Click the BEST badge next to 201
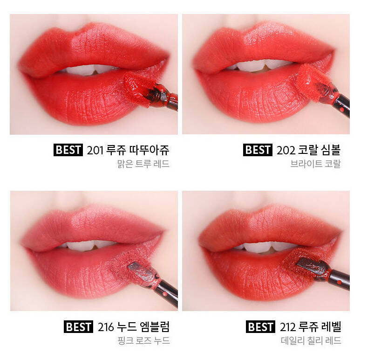pyautogui.click(x=68, y=150)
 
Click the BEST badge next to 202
pyautogui.click(x=258, y=150)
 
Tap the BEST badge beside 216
pyautogui.click(x=78, y=327)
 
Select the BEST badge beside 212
pyautogui.click(x=260, y=327)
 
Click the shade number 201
pyautogui.click(x=95, y=150)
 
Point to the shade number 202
pyautogui.click(x=286, y=150)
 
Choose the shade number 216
pyautogui.click(x=106, y=327)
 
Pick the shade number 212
pyautogui.click(x=288, y=327)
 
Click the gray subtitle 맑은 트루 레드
pyautogui.click(x=143, y=164)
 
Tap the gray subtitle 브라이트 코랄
pyautogui.click(x=315, y=164)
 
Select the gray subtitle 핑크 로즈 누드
pyautogui.click(x=143, y=340)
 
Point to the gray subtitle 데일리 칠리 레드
pyautogui.click(x=311, y=340)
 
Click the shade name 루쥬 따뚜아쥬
pyautogui.click(x=138, y=150)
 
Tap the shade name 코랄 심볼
pyautogui.click(x=319, y=150)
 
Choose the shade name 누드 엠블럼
pyautogui.click(x=143, y=327)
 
